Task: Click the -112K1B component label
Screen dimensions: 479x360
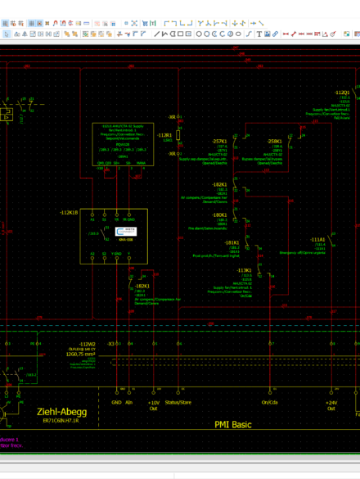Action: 70,212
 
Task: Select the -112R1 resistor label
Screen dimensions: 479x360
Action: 164,134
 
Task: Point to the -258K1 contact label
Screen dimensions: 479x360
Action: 274,141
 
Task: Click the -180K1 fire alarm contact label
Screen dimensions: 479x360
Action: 219,215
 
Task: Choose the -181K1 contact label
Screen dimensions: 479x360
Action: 232,242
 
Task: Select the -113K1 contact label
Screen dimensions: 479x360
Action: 244,269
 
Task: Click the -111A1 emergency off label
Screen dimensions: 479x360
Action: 317,239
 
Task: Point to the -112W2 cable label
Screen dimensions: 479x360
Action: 87,344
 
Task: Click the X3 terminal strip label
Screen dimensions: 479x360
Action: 111,344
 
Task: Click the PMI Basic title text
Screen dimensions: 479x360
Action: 232,425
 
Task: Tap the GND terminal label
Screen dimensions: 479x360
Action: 115,403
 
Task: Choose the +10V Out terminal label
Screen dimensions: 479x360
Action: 153,405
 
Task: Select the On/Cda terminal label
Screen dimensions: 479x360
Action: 269,403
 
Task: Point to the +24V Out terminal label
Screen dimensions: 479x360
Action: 331,405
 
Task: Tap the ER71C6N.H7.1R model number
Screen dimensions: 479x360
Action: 61,421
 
